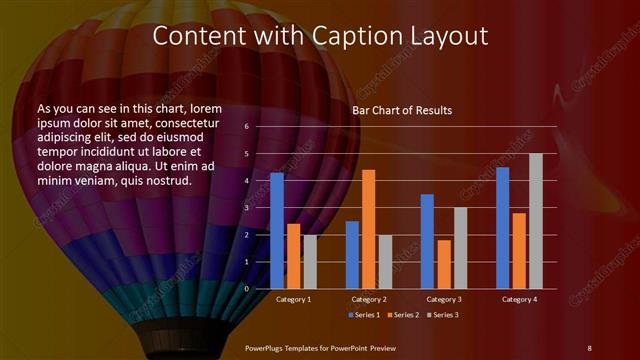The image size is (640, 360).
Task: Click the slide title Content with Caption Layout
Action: [x=320, y=35]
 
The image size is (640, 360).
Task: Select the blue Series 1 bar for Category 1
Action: [x=277, y=230]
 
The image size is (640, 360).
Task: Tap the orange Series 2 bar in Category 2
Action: [x=368, y=229]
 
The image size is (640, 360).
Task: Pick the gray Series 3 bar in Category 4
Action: [x=535, y=221]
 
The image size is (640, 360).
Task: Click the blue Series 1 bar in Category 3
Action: [x=427, y=241]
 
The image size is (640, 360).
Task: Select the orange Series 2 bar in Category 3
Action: [x=443, y=264]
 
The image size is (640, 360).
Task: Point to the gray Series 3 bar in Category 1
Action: [x=310, y=261]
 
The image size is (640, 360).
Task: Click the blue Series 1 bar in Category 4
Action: [x=502, y=227]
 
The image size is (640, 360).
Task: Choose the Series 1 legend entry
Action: [x=364, y=315]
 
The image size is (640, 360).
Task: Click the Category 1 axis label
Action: [x=293, y=299]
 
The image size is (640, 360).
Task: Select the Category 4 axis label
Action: [x=518, y=299]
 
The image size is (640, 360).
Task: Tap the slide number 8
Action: [x=589, y=347]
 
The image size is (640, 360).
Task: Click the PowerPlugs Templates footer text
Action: [x=320, y=347]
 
